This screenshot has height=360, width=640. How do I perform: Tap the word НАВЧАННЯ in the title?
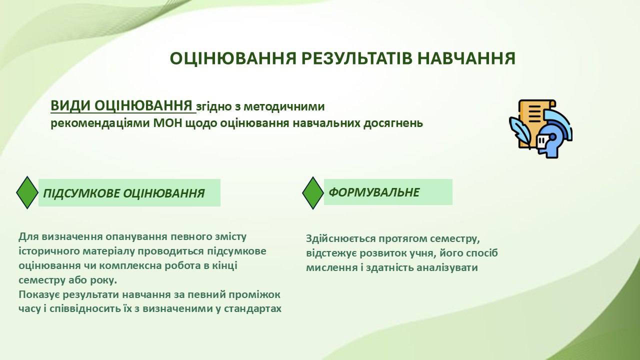466,58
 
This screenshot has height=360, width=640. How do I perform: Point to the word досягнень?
393,123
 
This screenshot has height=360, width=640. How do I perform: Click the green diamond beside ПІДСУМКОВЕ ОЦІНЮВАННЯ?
27,192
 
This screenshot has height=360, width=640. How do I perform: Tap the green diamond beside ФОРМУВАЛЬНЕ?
313,193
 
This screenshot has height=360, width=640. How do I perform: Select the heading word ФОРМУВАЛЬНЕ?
374,192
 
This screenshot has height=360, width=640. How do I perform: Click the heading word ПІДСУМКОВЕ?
81,193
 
